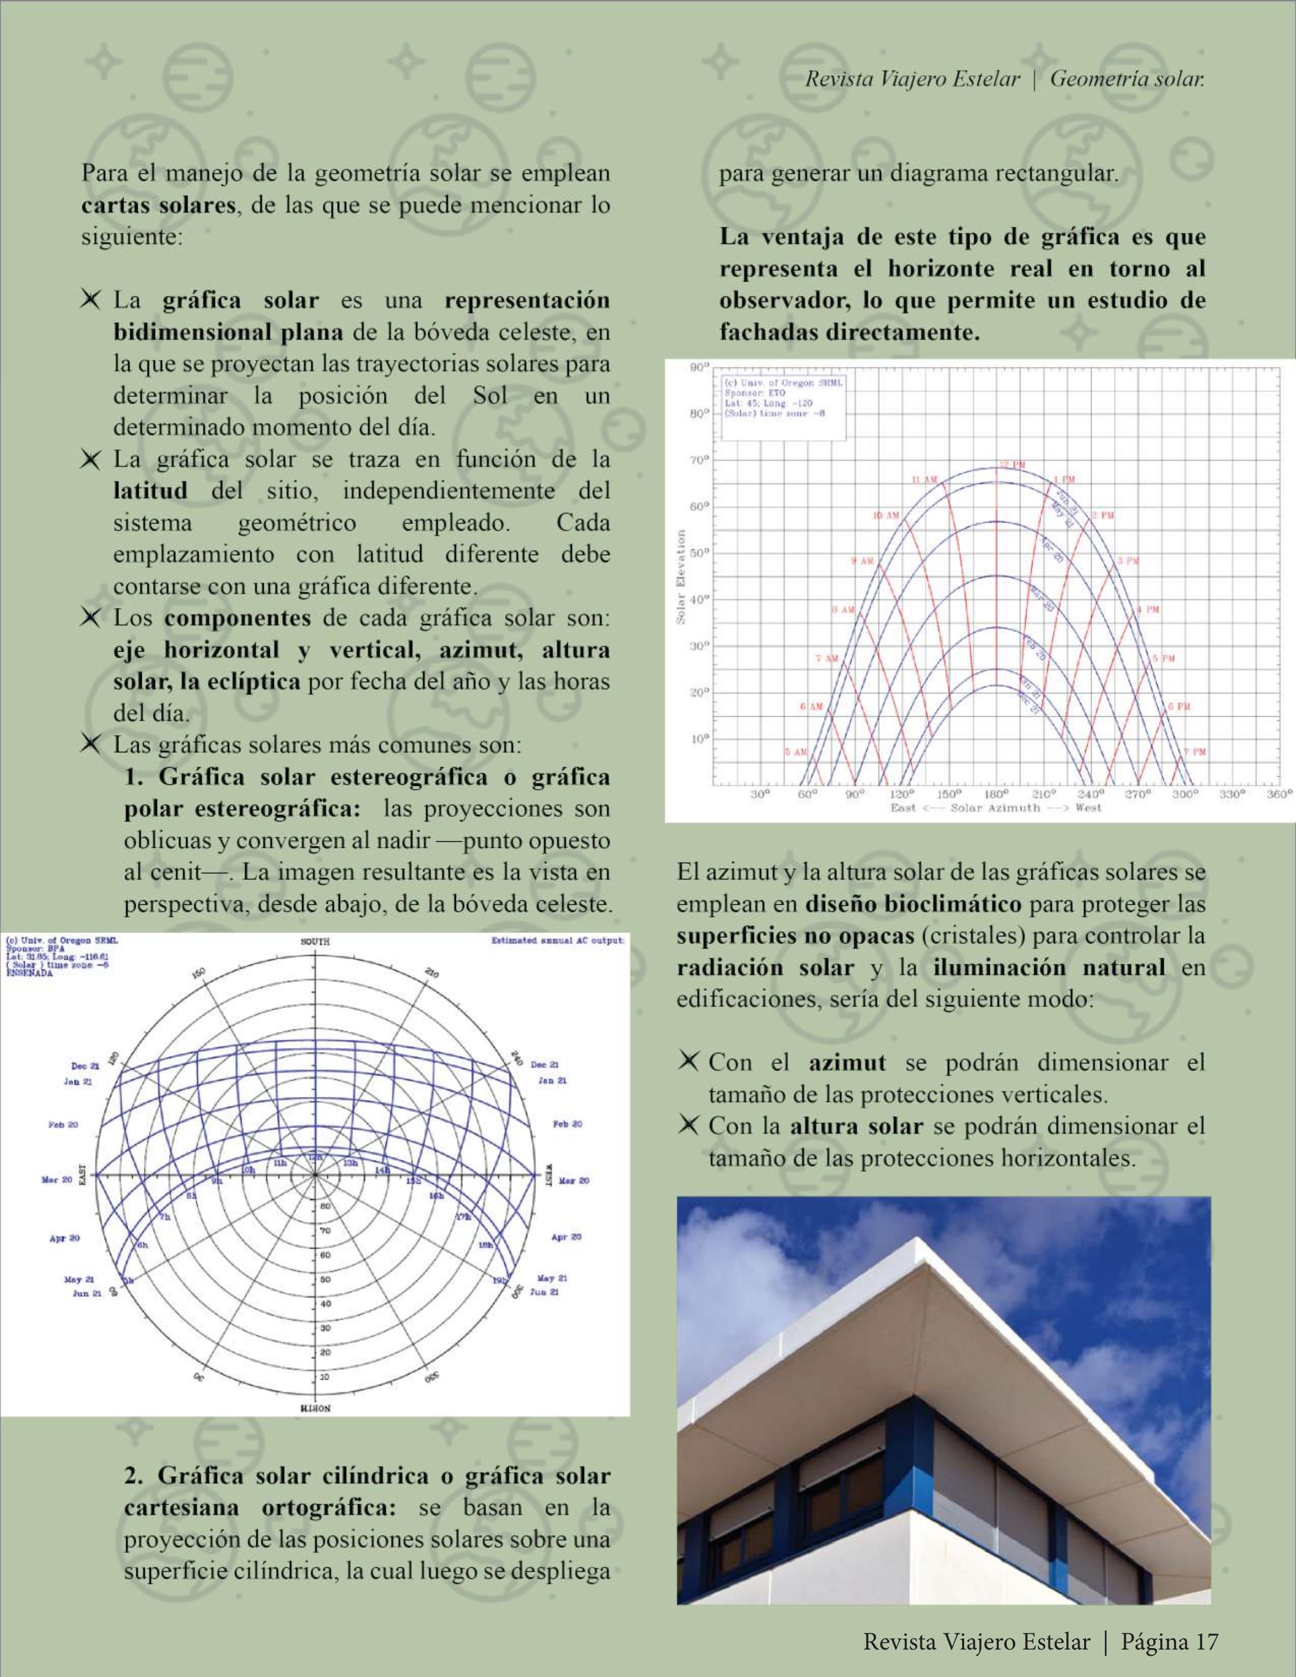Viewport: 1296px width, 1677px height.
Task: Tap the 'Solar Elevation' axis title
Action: [x=681, y=576]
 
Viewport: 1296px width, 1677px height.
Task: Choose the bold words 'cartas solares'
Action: [x=158, y=206]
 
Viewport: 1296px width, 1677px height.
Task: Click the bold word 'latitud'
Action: [x=150, y=491]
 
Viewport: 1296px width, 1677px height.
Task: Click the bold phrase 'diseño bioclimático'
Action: [x=913, y=904]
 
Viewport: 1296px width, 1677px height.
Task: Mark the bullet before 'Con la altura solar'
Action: [x=689, y=1126]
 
